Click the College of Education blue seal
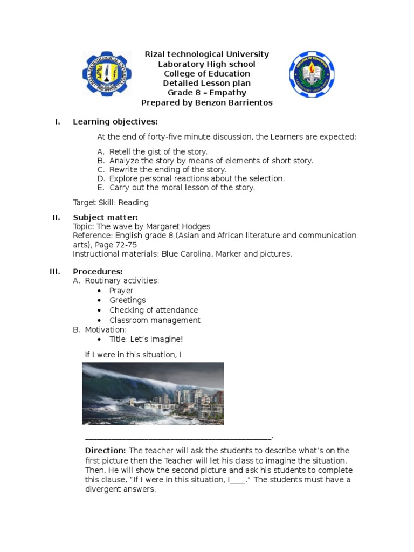pos(312,74)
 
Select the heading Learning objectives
pos(115,122)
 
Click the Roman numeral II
pos(56,217)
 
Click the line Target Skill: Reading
pos(111,203)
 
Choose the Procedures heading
pos(98,271)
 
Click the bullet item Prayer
pos(121,291)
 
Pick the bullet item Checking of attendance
pos(154,310)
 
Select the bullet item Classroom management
pos(155,320)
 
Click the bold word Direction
pos(105,451)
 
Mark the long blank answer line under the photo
pos(178,438)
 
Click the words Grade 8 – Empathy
pos(206,93)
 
